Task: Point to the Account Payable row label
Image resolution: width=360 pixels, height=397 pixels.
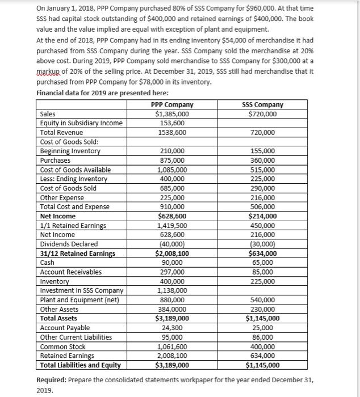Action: [64, 328]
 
